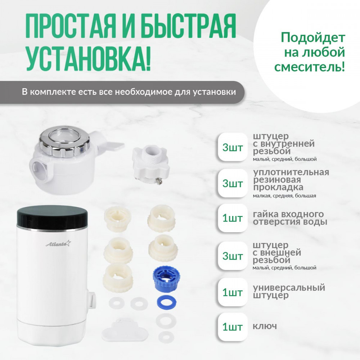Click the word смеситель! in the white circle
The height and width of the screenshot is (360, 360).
pyautogui.click(x=310, y=67)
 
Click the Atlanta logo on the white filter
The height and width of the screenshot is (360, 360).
pyautogui.click(x=58, y=243)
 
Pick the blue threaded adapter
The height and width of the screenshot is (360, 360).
pyautogui.click(x=166, y=278)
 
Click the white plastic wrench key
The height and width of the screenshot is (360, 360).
pyautogui.click(x=125, y=329)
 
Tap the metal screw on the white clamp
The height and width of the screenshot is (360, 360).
pyautogui.click(x=158, y=181)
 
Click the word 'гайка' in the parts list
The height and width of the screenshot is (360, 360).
pyautogui.click(x=265, y=214)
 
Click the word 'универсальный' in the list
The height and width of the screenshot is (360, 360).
pyautogui.click(x=289, y=288)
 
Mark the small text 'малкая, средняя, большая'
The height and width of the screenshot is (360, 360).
pyautogui.click(x=284, y=196)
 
